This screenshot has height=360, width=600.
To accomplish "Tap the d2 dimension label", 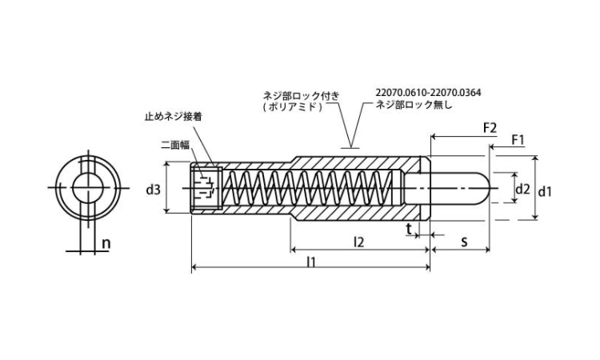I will tap(522, 190).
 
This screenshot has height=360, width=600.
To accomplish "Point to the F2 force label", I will tap(490, 128).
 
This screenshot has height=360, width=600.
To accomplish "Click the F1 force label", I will tap(518, 141).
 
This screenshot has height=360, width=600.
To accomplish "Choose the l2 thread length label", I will tap(359, 241).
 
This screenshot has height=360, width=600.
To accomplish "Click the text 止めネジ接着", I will tap(173, 116).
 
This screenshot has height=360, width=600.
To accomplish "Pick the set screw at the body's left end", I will tap(206, 190).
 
